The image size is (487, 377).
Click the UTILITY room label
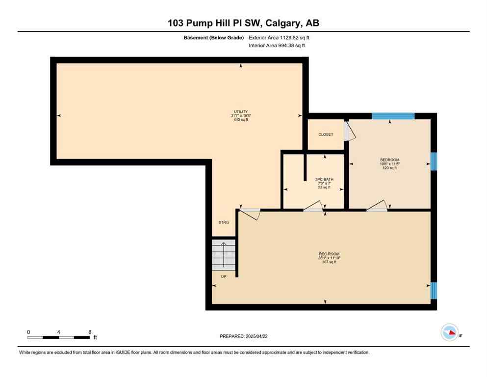[x=240, y=111]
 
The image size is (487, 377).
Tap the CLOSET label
[x=326, y=135]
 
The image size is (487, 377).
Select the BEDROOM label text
[x=389, y=160]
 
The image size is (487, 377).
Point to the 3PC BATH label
[x=323, y=180]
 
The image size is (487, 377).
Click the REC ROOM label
[x=329, y=254]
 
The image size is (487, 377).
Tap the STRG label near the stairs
[x=224, y=223]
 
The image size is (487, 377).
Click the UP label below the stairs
[x=223, y=277]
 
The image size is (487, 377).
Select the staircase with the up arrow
[x=224, y=254]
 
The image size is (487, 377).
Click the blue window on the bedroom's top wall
[x=393, y=116]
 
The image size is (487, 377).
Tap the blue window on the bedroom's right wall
[x=434, y=162]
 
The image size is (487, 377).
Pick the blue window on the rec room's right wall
[x=434, y=291]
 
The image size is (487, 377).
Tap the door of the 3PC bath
[x=314, y=208]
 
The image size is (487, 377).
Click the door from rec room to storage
[x=250, y=213]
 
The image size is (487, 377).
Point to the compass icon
[x=450, y=332]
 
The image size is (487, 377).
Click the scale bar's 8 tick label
[x=90, y=332]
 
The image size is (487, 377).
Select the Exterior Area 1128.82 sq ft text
[x=279, y=37]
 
